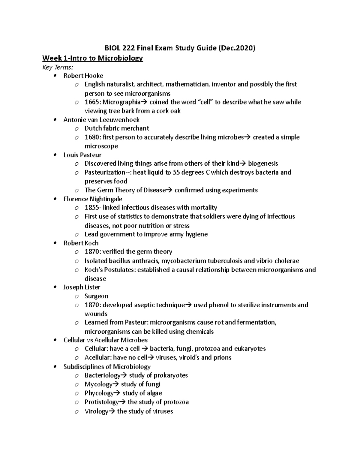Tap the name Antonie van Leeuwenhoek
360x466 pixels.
pyautogui.click(x=101, y=120)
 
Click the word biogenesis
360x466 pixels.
pyautogui.click(x=263, y=164)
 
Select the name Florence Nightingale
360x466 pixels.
pyautogui.click(x=93, y=199)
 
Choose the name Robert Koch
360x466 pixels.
pyautogui.click(x=81, y=243)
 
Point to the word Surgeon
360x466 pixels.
pyautogui.click(x=96, y=296)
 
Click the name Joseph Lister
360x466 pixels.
pyautogui.click(x=82, y=287)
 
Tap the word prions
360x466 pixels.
pyautogui.click(x=222, y=357)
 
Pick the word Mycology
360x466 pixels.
pyautogui.click(x=98, y=384)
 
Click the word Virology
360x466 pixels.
pyautogui.click(x=96, y=411)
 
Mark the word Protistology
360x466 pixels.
pyautogui.click(x=102, y=402)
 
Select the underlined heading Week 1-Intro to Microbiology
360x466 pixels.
pyautogui.click(x=93, y=58)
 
